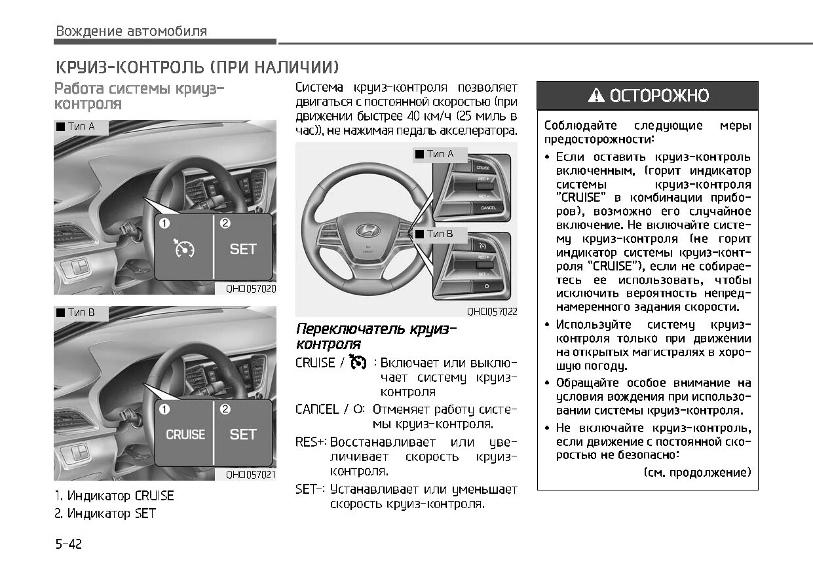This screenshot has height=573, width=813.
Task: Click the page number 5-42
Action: point(68,544)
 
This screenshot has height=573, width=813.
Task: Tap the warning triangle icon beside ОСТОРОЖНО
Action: point(596,96)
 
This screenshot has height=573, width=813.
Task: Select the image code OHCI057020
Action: point(250,288)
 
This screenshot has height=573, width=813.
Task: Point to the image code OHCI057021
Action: point(250,474)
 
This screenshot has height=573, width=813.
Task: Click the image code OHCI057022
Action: point(491,312)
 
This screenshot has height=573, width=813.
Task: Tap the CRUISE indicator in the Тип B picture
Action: point(185,434)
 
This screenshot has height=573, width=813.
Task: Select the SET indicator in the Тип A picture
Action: point(242,249)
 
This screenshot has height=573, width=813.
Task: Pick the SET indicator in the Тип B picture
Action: point(242,434)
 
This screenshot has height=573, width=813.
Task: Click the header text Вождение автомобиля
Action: point(131,31)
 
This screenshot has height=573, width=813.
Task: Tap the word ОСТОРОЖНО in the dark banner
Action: point(659,96)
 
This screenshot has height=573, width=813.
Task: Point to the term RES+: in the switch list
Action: point(311,442)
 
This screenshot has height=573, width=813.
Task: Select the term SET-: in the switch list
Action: point(311,489)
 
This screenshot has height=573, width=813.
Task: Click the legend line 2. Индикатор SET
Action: point(105,513)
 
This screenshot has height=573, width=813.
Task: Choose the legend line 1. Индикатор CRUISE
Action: point(114,496)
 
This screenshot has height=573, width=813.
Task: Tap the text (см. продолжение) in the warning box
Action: point(697,472)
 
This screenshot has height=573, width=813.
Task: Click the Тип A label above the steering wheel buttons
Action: point(440,154)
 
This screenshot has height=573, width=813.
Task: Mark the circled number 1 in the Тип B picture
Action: point(164,409)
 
